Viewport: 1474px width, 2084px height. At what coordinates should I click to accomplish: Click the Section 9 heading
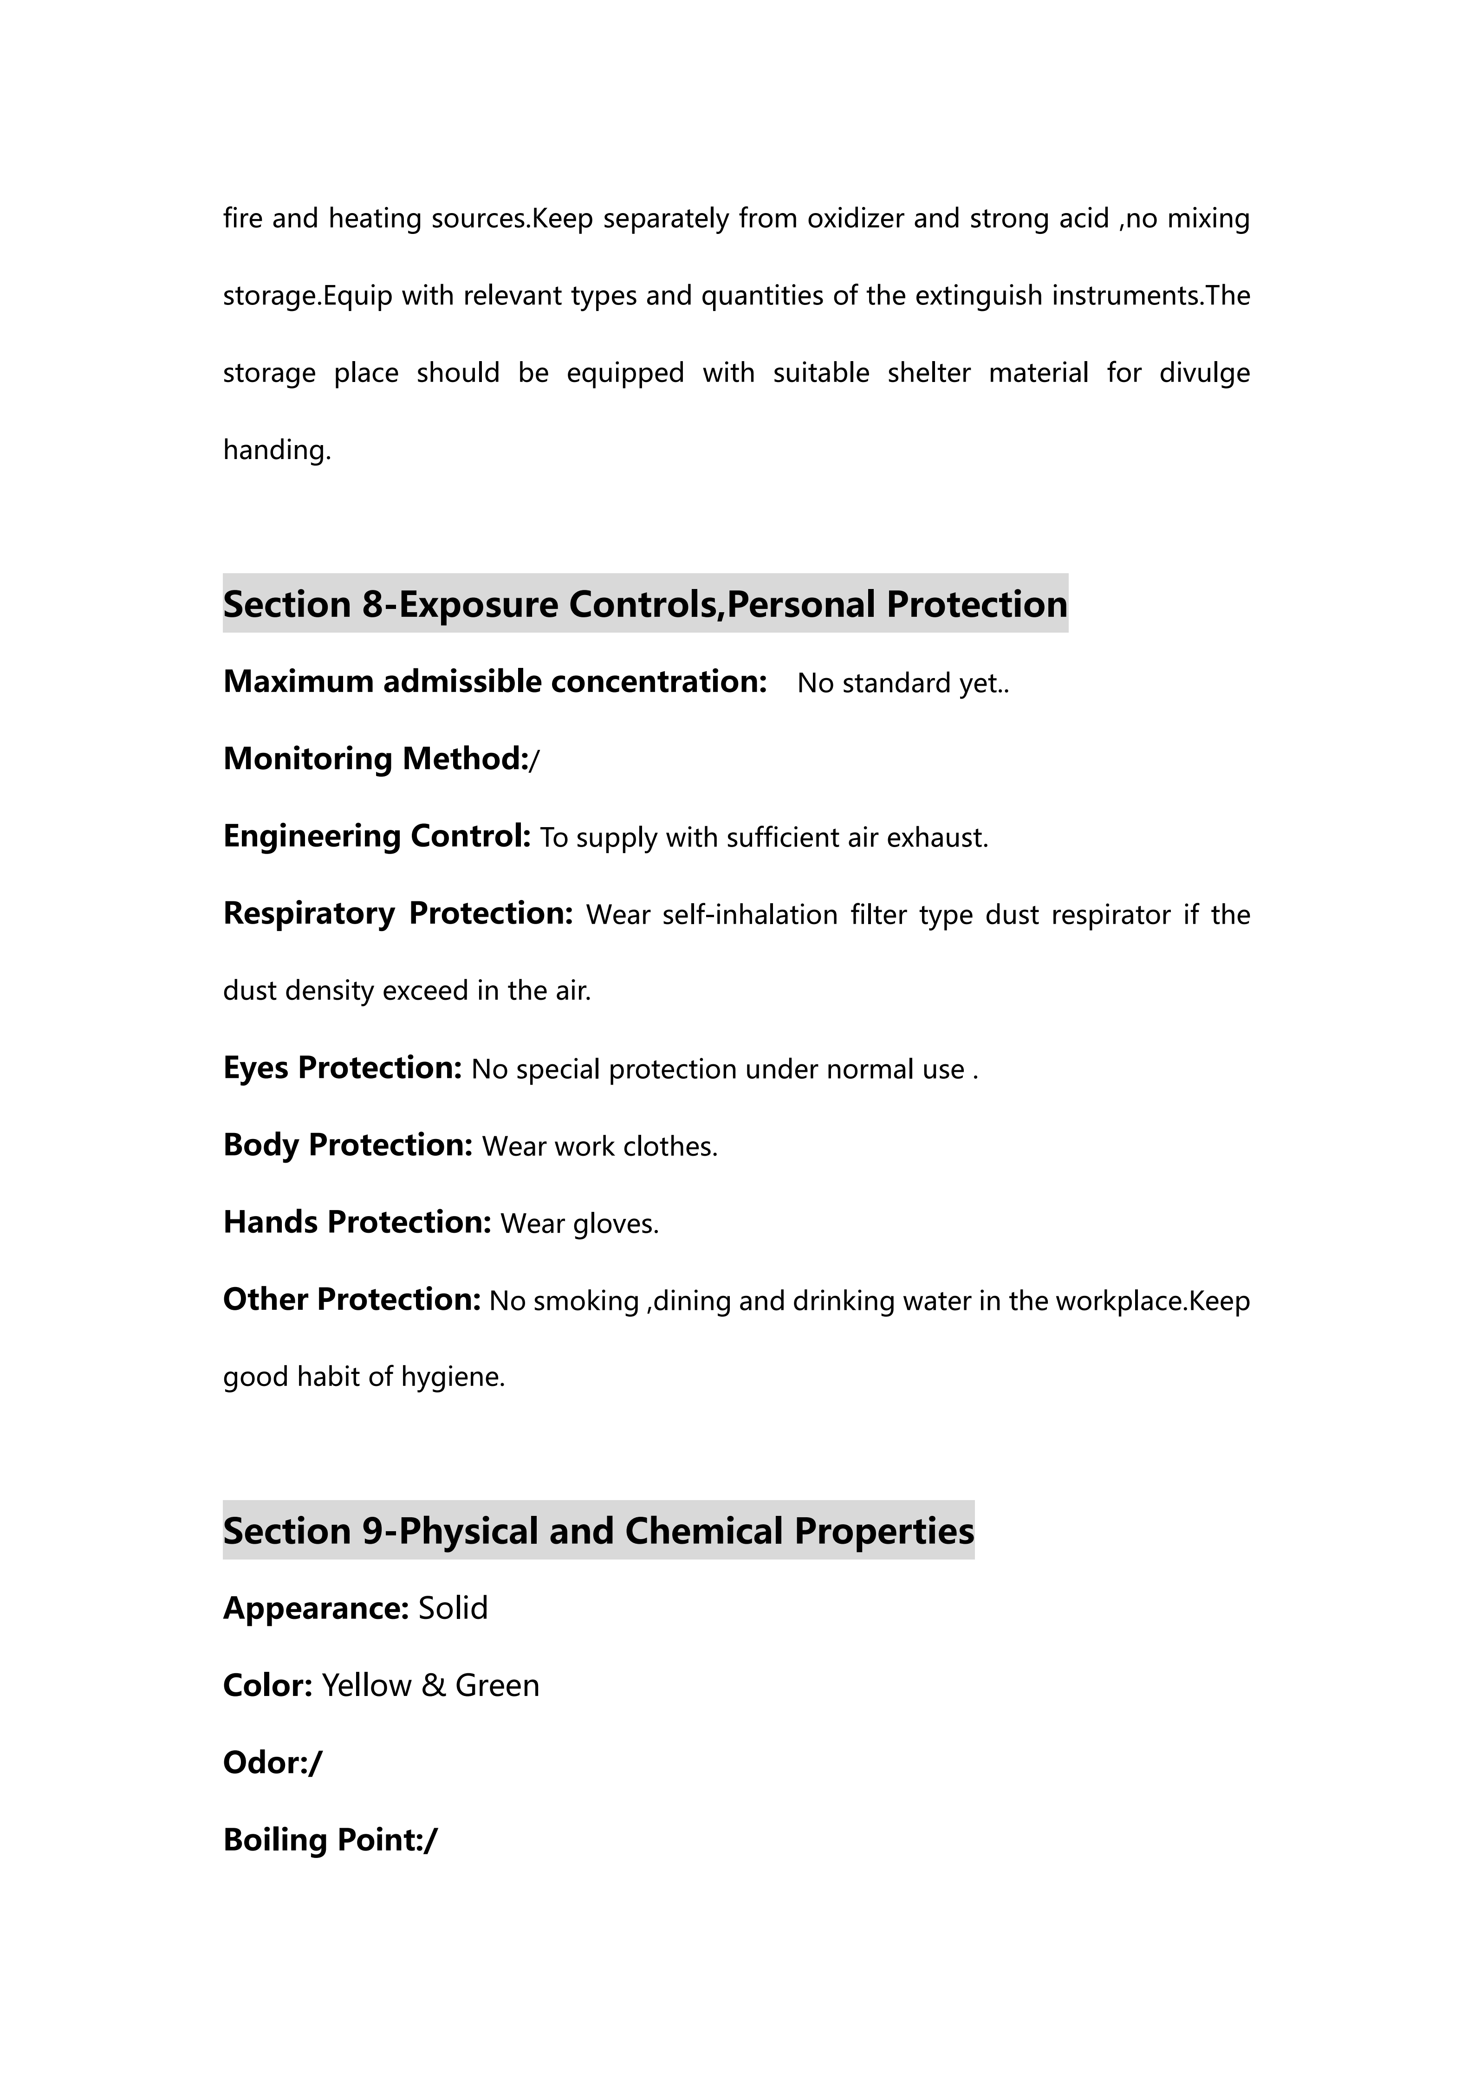598,1530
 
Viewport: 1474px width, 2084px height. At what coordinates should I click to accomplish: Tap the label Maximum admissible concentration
495,682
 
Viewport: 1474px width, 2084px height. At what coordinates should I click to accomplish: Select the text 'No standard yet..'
903,684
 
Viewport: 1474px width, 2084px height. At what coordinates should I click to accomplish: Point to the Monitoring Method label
376,759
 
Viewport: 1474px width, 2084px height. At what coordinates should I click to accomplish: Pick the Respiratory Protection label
397,913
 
